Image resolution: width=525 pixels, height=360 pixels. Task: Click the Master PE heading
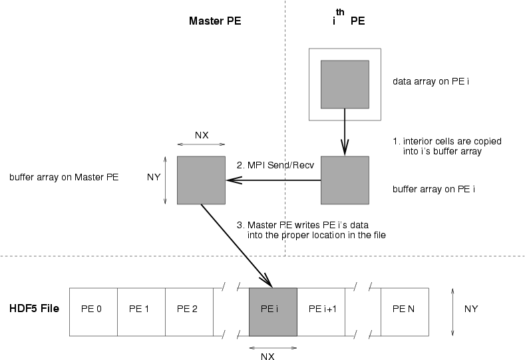click(x=214, y=21)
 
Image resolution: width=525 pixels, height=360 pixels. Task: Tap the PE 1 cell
click(x=141, y=309)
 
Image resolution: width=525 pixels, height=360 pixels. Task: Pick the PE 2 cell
click(x=189, y=309)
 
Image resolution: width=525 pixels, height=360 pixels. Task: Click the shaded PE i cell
click(x=273, y=309)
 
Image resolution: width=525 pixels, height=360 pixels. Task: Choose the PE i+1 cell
click(x=321, y=309)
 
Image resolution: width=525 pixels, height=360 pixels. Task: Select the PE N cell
click(x=405, y=309)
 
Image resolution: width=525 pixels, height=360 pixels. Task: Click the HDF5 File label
click(x=35, y=309)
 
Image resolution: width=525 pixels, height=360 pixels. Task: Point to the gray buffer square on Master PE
click(x=201, y=180)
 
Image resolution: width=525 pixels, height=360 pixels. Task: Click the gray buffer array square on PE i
click(x=345, y=180)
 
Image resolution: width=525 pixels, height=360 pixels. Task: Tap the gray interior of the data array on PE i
click(x=345, y=84)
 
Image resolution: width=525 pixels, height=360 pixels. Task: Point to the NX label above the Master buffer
click(x=202, y=135)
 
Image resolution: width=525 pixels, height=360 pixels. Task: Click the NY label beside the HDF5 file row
click(x=471, y=309)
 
